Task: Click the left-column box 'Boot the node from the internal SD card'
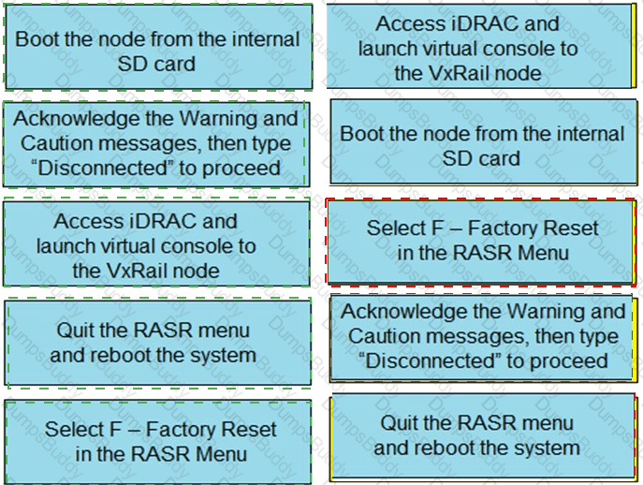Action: click(157, 51)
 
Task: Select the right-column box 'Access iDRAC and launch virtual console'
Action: click(480, 48)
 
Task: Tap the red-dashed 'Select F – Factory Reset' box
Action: click(480, 240)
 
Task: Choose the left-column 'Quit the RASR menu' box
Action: click(157, 342)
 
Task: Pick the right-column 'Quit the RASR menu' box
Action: click(480, 434)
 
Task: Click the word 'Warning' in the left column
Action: click(217, 119)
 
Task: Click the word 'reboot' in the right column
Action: click(444, 448)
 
